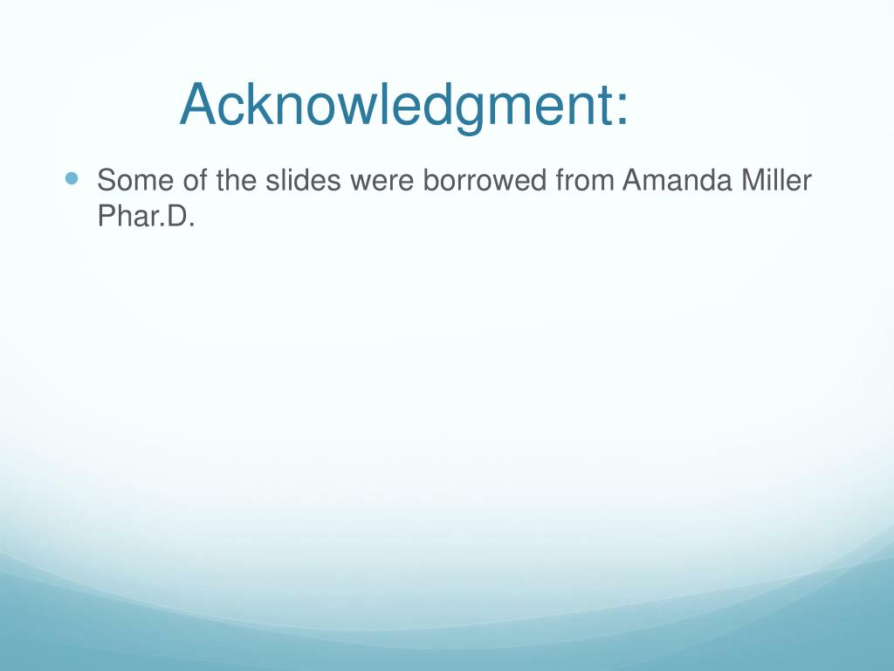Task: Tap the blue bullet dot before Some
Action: pyautogui.click(x=72, y=178)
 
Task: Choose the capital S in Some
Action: pyautogui.click(x=107, y=182)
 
